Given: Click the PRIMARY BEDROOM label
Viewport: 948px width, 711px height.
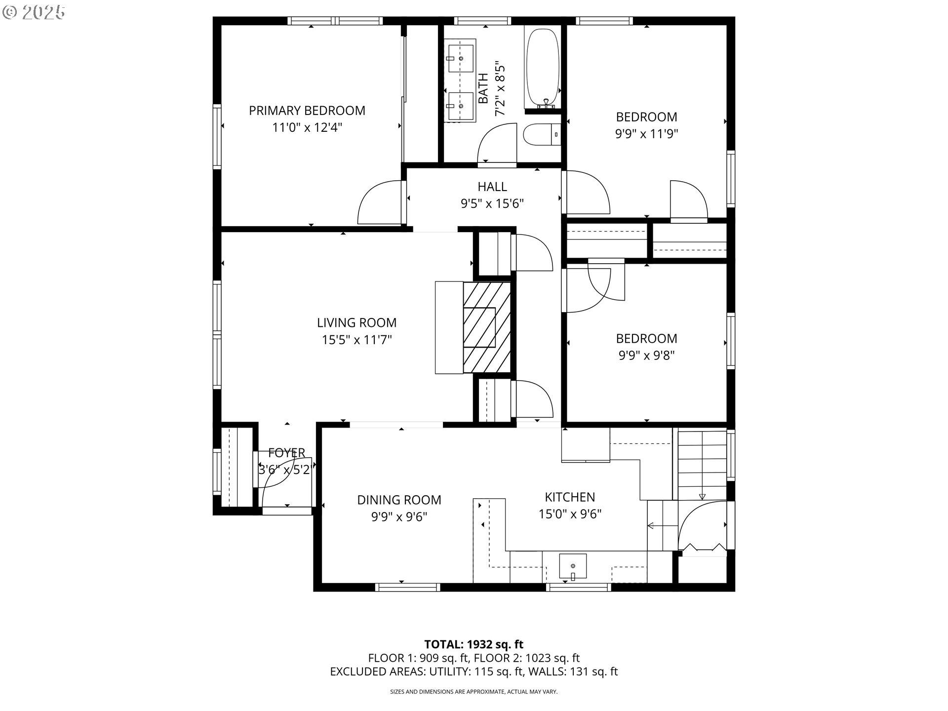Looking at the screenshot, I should [x=307, y=111].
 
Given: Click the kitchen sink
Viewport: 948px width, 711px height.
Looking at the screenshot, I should [x=573, y=566].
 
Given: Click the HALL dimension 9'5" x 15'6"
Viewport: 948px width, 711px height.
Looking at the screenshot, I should [x=492, y=203].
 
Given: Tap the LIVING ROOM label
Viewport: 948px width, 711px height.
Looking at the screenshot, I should [x=356, y=323].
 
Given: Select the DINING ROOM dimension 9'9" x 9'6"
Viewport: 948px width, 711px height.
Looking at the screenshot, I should [x=399, y=517].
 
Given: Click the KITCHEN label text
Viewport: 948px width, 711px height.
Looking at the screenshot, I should [x=570, y=497].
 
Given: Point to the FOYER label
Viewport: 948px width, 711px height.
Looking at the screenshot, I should [x=286, y=453].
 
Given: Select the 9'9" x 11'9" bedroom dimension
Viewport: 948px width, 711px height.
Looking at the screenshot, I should [x=646, y=134].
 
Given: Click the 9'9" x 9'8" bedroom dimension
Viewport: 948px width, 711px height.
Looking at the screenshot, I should [x=646, y=355].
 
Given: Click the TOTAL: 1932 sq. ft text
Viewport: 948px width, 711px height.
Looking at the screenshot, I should [x=474, y=644].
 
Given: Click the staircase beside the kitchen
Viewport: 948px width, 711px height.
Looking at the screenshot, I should [x=700, y=464].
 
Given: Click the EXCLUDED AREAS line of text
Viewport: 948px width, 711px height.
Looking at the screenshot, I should [x=474, y=671].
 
